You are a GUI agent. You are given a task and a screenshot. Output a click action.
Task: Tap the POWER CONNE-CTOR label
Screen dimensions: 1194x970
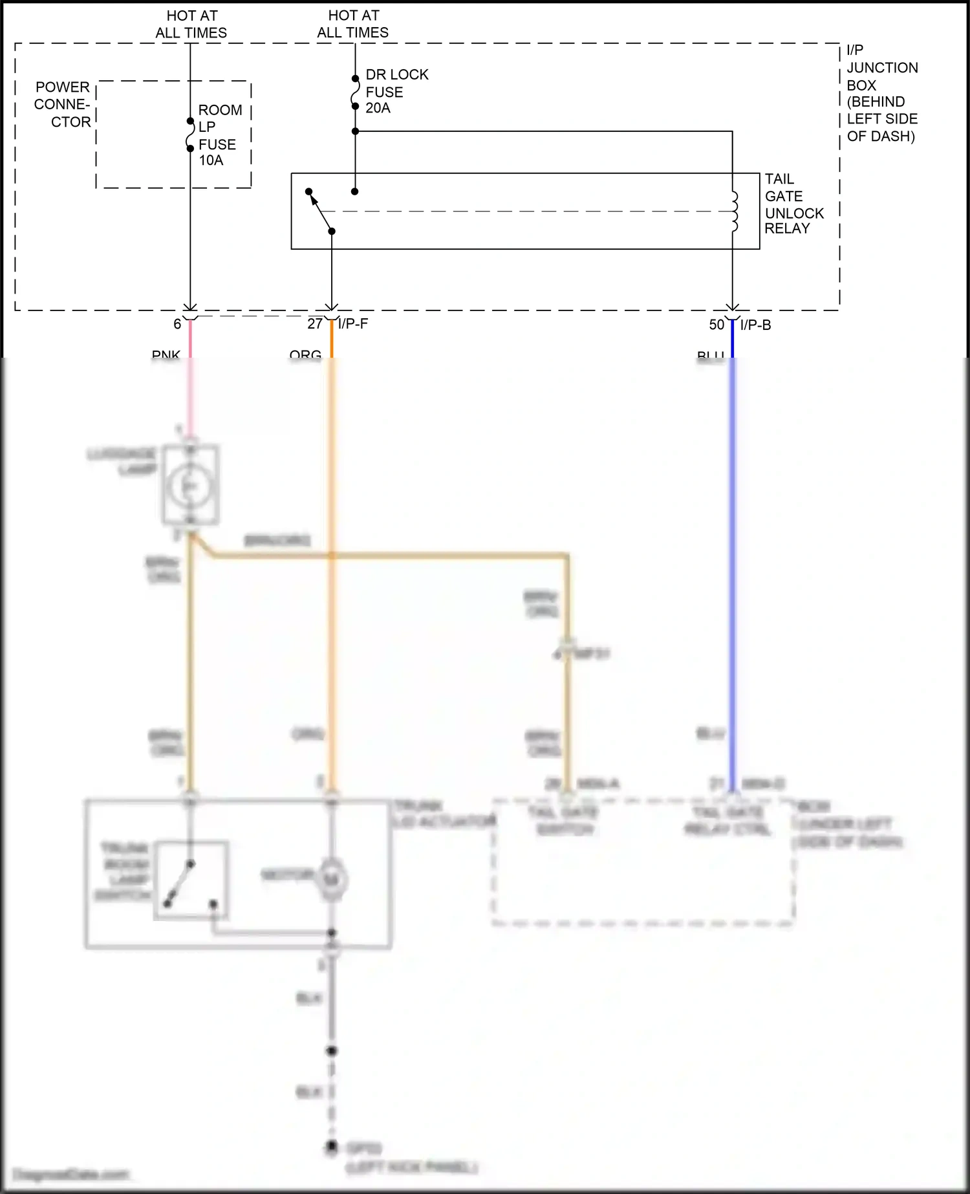pos(63,105)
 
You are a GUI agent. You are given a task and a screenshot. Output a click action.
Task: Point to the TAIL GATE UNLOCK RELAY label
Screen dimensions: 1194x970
pos(793,204)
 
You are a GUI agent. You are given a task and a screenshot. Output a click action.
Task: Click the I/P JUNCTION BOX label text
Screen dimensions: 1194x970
pos(881,93)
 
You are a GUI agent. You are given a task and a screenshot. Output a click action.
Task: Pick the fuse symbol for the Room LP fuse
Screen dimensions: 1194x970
pos(190,135)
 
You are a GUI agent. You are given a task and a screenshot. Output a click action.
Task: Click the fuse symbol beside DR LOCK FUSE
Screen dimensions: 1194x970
pos(355,92)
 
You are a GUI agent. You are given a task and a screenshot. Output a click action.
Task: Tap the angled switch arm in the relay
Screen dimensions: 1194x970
pos(320,211)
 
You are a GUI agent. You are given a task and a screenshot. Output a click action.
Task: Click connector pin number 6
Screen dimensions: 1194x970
pos(177,324)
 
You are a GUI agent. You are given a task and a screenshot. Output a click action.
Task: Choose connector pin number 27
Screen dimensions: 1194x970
pos(315,324)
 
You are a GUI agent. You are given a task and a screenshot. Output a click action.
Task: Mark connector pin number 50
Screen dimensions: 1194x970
pos(717,325)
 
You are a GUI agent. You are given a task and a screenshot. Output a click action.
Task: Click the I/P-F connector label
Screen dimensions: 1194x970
pos(353,324)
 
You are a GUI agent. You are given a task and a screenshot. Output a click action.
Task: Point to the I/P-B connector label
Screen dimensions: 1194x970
pos(755,325)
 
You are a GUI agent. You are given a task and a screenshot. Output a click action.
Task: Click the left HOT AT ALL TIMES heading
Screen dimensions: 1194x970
pos(191,24)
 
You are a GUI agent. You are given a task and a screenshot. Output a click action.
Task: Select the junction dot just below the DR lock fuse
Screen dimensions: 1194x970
pos(355,131)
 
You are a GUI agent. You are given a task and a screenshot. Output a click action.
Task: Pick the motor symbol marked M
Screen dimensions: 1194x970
pos(332,879)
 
